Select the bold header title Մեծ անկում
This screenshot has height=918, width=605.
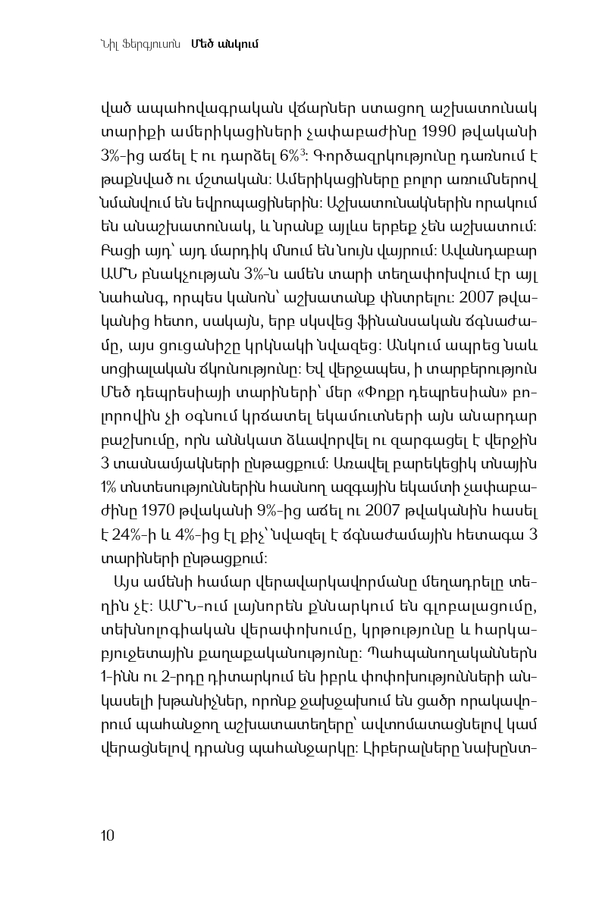coord(225,43)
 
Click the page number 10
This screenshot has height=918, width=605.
coord(107,835)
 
